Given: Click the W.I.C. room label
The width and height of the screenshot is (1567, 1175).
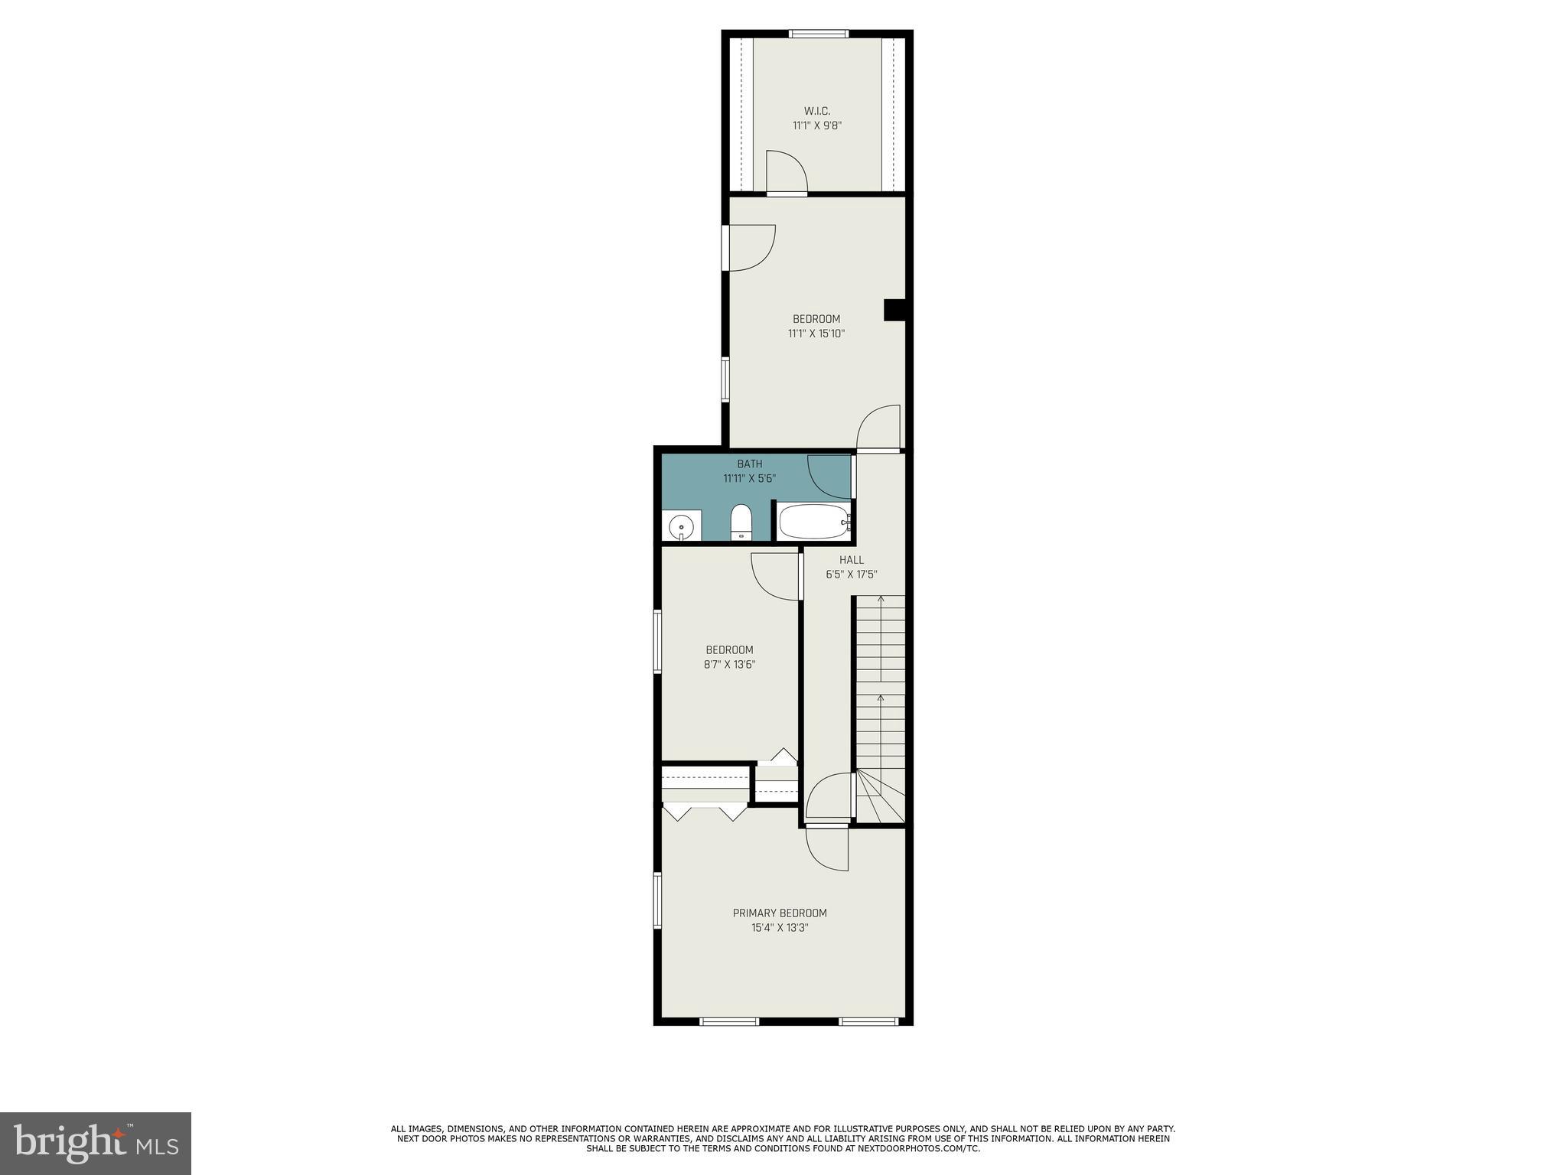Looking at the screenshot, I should point(816,112).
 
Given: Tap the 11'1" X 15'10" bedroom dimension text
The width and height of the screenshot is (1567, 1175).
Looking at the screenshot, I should point(816,334).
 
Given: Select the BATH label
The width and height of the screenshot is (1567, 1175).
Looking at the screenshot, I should point(749,464).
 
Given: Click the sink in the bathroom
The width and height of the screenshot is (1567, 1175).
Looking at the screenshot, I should point(681,527).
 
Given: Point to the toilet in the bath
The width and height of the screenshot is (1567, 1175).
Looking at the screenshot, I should point(741,522).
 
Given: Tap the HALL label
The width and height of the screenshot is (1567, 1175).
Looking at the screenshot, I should point(851,560).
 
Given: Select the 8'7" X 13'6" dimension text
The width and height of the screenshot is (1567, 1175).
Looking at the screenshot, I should point(729,665).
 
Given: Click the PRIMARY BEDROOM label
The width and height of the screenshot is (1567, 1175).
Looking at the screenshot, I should point(780,913).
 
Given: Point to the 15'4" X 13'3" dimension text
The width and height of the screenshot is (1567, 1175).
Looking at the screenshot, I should point(780,928).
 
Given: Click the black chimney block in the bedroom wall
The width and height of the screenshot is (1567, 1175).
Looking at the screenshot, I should point(894,310).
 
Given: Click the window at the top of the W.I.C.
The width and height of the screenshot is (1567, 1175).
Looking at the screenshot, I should point(818,34).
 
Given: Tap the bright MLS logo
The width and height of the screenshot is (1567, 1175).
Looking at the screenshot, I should point(95,1143).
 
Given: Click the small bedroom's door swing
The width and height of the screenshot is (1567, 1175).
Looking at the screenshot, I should point(776,576).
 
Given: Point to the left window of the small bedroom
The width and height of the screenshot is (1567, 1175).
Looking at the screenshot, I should point(656,641).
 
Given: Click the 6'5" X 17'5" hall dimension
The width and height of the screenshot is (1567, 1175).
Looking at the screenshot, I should point(851,574).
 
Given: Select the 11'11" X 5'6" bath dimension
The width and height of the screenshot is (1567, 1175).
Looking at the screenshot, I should point(749,479).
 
